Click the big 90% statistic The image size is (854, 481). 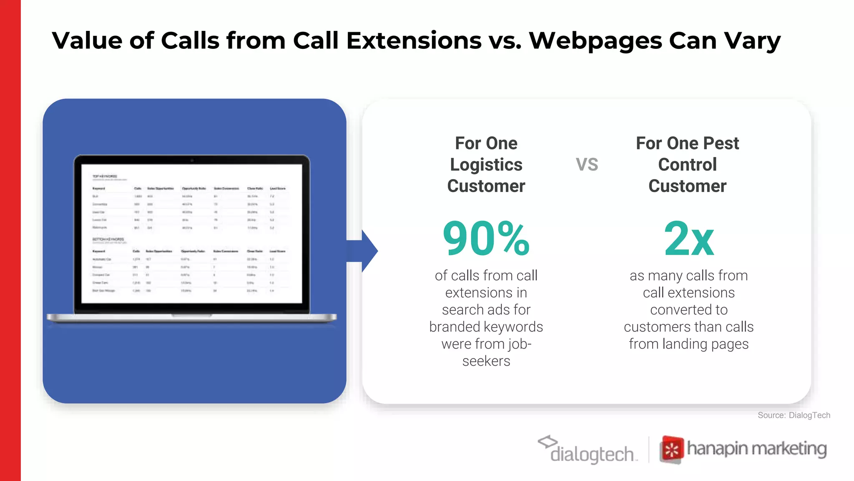[x=486, y=238]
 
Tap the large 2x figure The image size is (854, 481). [x=689, y=238]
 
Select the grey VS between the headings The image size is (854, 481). [x=587, y=165]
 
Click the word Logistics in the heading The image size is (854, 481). [x=486, y=165]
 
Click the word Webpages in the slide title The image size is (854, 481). [x=595, y=41]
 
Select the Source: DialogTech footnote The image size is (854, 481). [x=794, y=415]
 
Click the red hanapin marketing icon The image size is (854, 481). [x=671, y=450]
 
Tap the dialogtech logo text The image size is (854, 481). [x=592, y=454]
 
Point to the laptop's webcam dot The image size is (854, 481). [x=192, y=160]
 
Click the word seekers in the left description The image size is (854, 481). [x=486, y=361]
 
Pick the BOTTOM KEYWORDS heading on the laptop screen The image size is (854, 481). [x=108, y=240]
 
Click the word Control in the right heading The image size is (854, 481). [x=687, y=165]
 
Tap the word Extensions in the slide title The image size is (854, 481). [x=414, y=41]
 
